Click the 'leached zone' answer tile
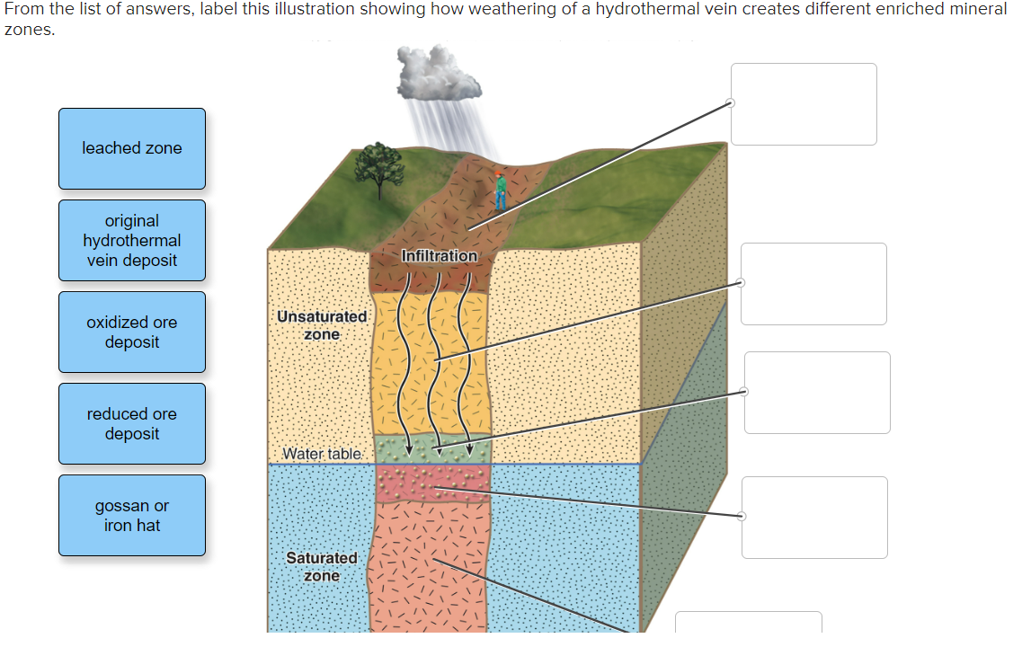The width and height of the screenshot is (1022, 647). [x=132, y=148]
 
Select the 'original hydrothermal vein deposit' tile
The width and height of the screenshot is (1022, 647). [x=132, y=241]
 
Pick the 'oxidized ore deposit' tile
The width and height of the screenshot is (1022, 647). [x=132, y=332]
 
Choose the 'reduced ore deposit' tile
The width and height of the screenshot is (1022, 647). [x=132, y=423]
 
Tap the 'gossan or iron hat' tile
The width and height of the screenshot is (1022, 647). [x=132, y=516]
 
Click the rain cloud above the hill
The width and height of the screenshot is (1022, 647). [x=438, y=74]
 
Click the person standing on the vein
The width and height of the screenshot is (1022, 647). [x=500, y=191]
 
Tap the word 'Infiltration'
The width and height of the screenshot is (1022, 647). [x=440, y=256]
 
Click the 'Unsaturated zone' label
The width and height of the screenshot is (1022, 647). [x=322, y=325]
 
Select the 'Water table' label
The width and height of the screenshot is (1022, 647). [x=322, y=454]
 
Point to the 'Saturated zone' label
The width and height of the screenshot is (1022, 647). [x=322, y=567]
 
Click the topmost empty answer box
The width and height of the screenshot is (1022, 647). [x=804, y=104]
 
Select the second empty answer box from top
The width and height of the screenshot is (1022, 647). [x=813, y=284]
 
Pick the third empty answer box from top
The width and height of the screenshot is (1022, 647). [x=817, y=393]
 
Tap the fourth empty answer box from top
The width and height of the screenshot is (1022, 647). [x=814, y=518]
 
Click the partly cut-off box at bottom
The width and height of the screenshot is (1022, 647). [x=748, y=622]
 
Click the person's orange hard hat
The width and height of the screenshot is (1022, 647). [x=499, y=174]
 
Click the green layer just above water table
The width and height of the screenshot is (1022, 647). [x=432, y=448]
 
